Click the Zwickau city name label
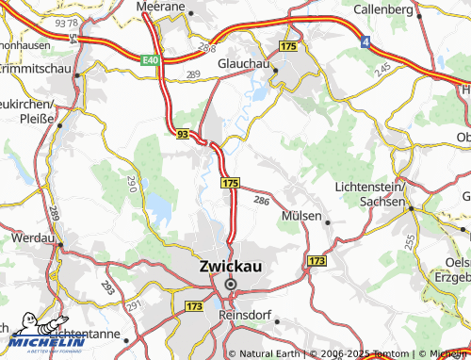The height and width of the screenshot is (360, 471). click(231, 267)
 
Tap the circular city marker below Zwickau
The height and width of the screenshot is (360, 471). click(231, 283)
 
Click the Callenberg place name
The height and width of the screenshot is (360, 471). click(383, 8)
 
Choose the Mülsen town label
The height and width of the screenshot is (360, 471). click(301, 217)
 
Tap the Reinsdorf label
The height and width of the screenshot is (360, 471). click(244, 315)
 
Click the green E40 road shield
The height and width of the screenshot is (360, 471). click(151, 59)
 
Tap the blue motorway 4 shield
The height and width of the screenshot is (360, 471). click(365, 41)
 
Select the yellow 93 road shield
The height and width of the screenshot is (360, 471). click(181, 136)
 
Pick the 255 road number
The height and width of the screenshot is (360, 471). click(408, 241)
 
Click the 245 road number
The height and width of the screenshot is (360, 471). click(382, 70)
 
